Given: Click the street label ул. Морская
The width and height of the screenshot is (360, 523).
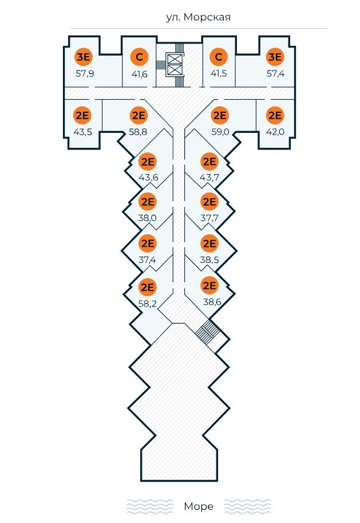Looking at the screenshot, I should (x=198, y=17).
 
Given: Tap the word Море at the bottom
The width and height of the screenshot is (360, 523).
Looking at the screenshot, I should (x=199, y=506).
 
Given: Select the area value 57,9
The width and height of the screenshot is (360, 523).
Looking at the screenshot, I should (x=85, y=73).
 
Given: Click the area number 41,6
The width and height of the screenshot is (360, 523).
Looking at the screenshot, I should (x=139, y=73).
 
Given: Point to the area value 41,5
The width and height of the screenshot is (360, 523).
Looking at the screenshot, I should (x=218, y=73).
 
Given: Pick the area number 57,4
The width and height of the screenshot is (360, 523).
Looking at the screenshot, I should (x=276, y=73).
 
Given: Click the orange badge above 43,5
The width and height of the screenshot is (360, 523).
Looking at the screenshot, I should (x=82, y=115).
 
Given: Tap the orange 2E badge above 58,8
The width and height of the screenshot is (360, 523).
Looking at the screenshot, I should (x=139, y=115).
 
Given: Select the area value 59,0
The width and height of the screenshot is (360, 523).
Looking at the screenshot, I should (x=220, y=131).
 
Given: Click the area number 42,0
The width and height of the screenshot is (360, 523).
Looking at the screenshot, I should (x=276, y=131).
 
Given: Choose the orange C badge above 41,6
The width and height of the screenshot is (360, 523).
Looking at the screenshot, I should (x=139, y=57).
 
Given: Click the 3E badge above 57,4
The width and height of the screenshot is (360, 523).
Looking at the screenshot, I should (x=276, y=57).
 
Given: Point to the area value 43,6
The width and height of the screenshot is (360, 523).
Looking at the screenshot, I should (x=148, y=177).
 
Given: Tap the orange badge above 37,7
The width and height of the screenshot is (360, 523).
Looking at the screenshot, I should (x=209, y=202).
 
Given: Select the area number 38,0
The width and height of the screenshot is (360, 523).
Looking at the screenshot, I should (x=148, y=218).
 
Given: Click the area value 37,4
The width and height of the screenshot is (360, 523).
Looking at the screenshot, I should (x=148, y=259).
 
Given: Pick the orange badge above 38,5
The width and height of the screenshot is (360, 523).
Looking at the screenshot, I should (x=209, y=243).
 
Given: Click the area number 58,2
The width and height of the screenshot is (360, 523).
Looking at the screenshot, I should (x=148, y=303).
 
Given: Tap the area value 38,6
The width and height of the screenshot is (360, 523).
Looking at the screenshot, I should (x=212, y=301).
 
